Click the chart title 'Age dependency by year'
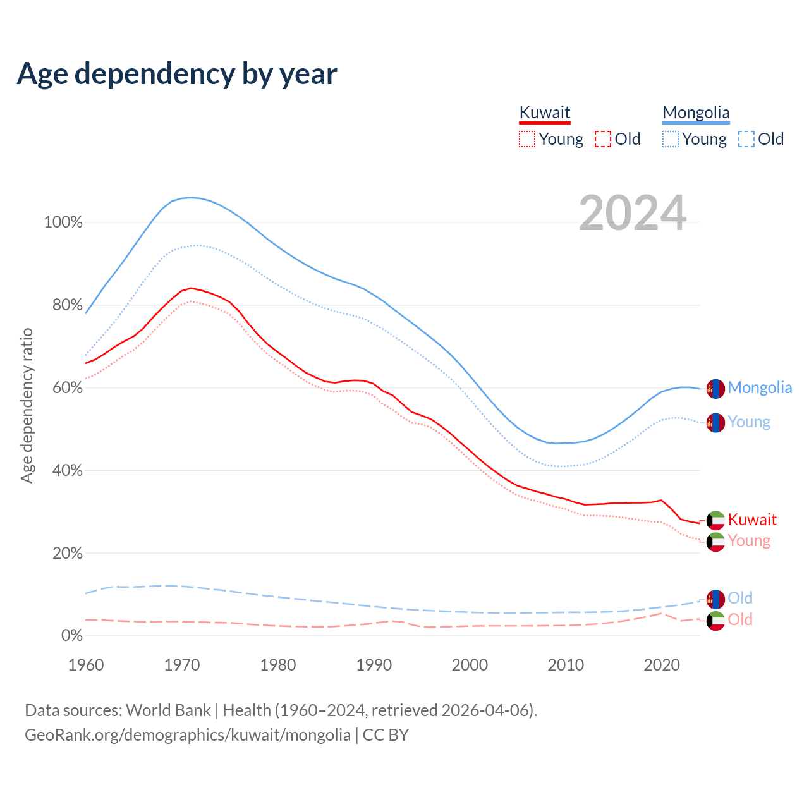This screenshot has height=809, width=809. (177, 74)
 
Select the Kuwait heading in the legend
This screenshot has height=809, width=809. (544, 113)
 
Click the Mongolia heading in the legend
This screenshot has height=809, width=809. (696, 113)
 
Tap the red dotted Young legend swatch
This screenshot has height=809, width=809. (526, 139)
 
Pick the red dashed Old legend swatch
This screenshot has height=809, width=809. (602, 139)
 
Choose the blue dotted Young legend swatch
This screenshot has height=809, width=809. (670, 139)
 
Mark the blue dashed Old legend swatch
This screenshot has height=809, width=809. (746, 139)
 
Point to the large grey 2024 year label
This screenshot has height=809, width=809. (632, 214)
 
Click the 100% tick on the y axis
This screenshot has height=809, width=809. (63, 222)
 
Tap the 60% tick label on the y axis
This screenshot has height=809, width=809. (67, 388)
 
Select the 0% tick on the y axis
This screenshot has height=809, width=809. (71, 636)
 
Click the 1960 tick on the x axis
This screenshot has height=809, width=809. (86, 665)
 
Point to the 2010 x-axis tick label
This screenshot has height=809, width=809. (566, 665)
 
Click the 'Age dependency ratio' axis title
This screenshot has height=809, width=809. (27, 405)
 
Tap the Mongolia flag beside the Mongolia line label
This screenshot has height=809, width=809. (715, 389)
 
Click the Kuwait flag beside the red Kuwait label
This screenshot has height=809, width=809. (715, 520)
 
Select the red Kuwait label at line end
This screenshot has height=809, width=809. (752, 520)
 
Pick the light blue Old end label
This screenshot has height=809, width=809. (740, 598)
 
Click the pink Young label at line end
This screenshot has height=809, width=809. (749, 541)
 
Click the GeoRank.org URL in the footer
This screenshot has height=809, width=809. (188, 735)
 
